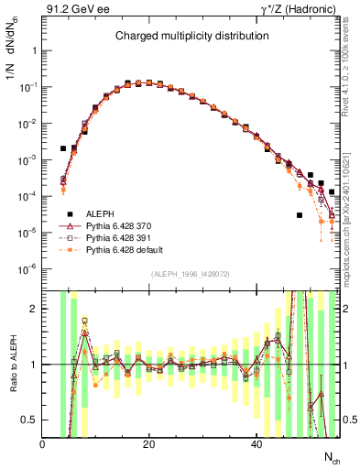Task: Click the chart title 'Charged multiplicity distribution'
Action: (x=191, y=36)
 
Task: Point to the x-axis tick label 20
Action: (x=149, y=444)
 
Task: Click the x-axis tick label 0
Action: (x=42, y=444)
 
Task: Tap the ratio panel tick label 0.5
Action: (x=29, y=420)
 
